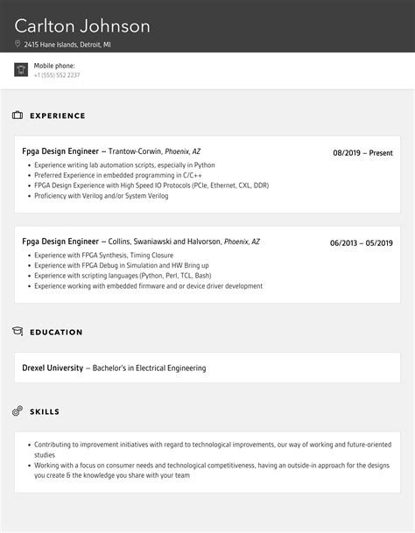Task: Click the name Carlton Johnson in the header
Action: click(x=82, y=26)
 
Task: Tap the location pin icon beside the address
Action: click(x=18, y=44)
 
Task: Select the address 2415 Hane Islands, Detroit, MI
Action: click(x=69, y=44)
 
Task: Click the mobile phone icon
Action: click(x=21, y=70)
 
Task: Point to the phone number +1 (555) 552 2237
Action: click(x=57, y=75)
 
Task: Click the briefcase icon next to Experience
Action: click(x=18, y=116)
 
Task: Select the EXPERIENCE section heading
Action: click(x=58, y=116)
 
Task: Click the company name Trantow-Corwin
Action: click(x=135, y=151)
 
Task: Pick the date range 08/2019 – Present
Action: click(x=362, y=153)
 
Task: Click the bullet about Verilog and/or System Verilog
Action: click(x=101, y=196)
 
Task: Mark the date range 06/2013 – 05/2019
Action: click(x=361, y=243)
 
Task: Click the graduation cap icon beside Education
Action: click(x=18, y=332)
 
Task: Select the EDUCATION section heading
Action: click(x=56, y=333)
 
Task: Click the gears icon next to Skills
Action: click(x=18, y=411)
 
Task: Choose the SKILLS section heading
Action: click(x=45, y=411)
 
